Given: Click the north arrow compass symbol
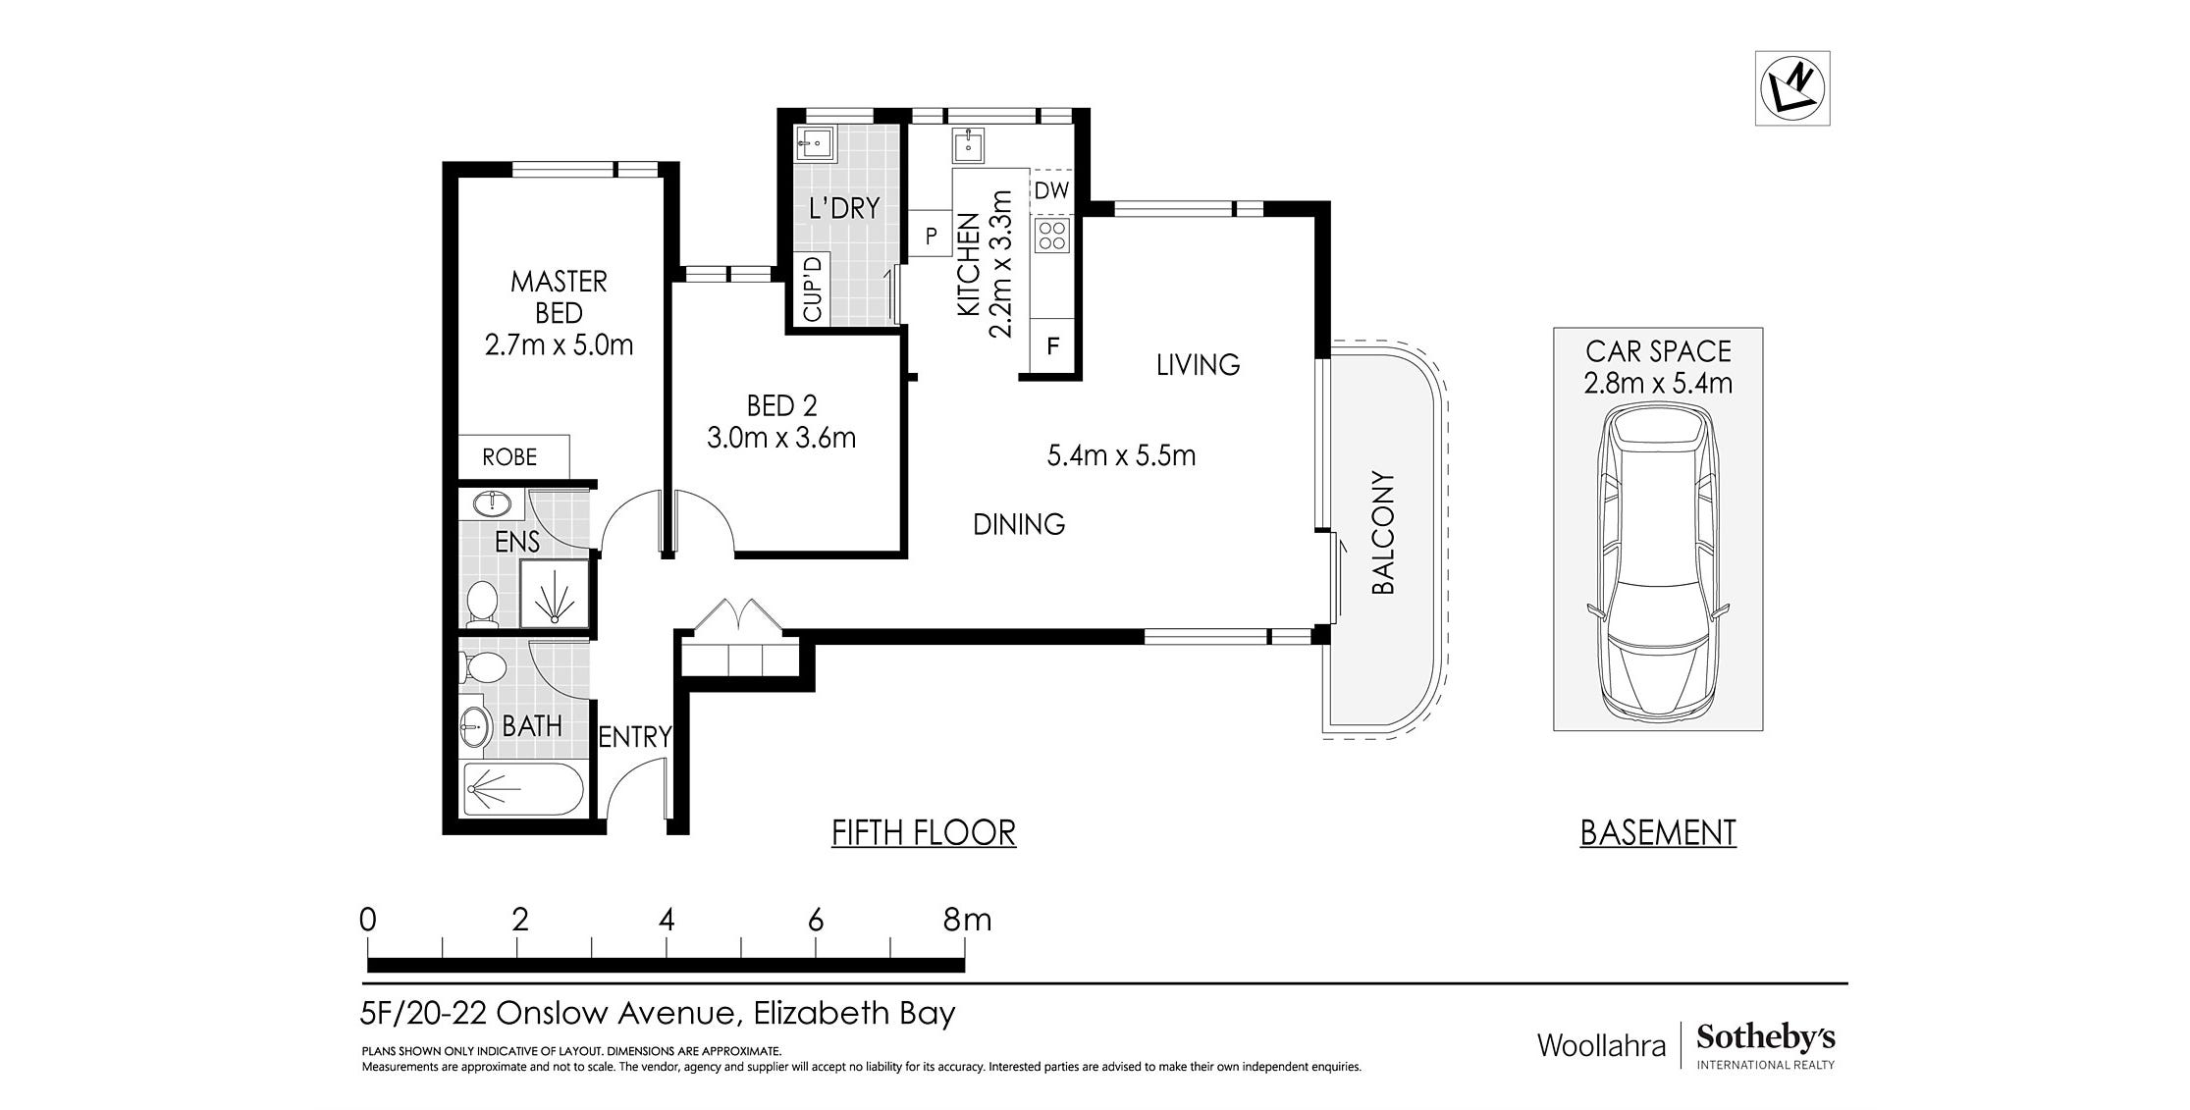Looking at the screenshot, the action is pyautogui.click(x=1791, y=88).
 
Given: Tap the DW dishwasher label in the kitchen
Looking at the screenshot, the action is pyautogui.click(x=1051, y=189).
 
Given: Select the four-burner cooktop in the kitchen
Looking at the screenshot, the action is pyautogui.click(x=1052, y=236).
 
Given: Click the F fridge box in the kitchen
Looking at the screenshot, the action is pyautogui.click(x=1052, y=345).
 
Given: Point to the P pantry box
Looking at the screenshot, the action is pyautogui.click(x=931, y=236).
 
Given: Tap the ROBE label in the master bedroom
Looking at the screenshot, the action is pyautogui.click(x=509, y=456).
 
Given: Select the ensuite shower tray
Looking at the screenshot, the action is pyautogui.click(x=555, y=593).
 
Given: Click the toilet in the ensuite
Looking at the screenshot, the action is pyautogui.click(x=482, y=604).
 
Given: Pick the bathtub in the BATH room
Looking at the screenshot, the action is pyautogui.click(x=523, y=789).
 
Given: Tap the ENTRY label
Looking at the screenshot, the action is pyautogui.click(x=634, y=736).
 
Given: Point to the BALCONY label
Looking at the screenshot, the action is pyautogui.click(x=1382, y=533).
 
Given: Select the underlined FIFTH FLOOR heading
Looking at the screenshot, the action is pyautogui.click(x=923, y=833).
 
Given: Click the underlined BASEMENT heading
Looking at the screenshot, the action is pyautogui.click(x=1658, y=833).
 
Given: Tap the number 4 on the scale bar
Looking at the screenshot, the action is pyautogui.click(x=667, y=920).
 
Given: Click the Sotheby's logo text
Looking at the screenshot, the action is pyautogui.click(x=1765, y=1037).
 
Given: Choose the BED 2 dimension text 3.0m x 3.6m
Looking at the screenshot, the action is pyautogui.click(x=781, y=437).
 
